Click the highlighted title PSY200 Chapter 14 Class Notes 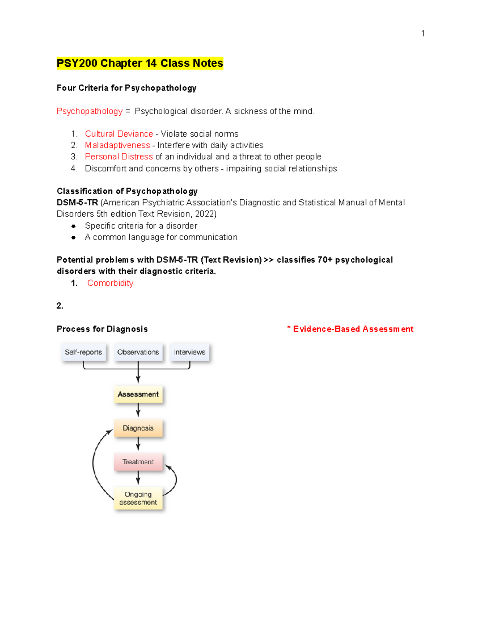tap(139, 63)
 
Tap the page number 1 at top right tap(423, 33)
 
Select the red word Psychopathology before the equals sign tap(90, 111)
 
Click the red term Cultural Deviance tap(118, 134)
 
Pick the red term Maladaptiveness tap(117, 145)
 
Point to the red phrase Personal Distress tap(118, 156)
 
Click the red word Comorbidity tap(110, 283)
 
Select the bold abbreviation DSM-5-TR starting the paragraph tap(77, 203)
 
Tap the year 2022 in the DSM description tap(204, 214)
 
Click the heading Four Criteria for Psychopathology tap(127, 88)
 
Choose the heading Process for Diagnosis tap(102, 329)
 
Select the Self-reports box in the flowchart tap(83, 352)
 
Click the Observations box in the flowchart tap(138, 352)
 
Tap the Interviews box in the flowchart tap(189, 352)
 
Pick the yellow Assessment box tap(138, 394)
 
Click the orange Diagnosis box tap(138, 428)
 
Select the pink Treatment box tap(138, 462)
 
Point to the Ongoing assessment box tap(138, 498)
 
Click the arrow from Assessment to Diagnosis tap(138, 410)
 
